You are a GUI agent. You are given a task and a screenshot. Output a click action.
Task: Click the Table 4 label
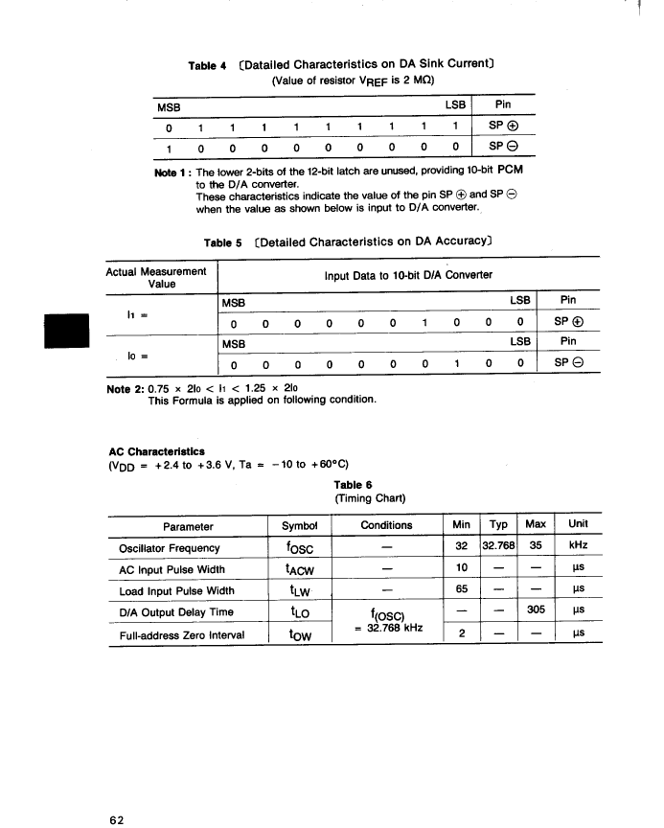[x=207, y=66]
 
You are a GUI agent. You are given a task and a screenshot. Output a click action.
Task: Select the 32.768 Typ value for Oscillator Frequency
[x=498, y=548]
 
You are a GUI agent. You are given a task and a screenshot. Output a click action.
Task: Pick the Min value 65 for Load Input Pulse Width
[x=462, y=590]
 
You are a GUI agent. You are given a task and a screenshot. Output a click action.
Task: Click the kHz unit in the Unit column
[x=578, y=548]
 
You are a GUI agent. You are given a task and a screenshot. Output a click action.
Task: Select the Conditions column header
[x=386, y=525]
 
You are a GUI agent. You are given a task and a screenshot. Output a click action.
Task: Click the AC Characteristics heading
[x=157, y=451]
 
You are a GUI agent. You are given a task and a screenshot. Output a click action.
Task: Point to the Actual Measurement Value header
[x=156, y=278]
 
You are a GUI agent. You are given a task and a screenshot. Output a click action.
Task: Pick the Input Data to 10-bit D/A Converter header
[x=408, y=276]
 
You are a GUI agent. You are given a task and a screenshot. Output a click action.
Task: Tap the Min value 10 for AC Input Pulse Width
[x=462, y=569]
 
